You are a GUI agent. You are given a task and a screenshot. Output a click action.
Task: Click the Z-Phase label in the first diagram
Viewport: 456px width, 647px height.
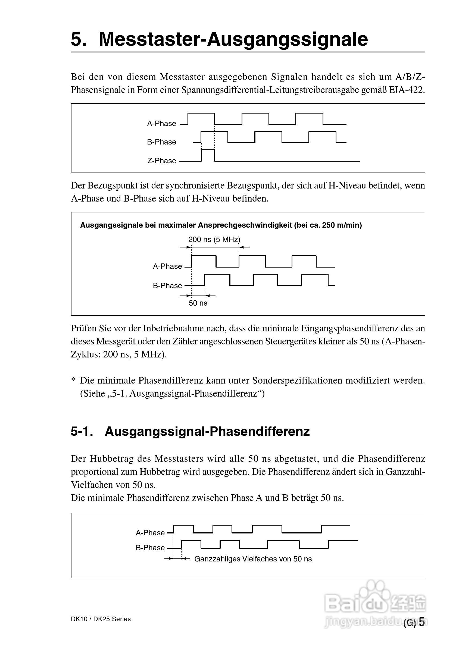click(161, 161)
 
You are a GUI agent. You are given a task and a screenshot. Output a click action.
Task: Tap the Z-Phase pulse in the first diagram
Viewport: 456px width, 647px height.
click(208, 155)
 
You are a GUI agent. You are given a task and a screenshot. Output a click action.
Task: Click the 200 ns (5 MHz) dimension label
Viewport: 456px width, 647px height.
click(214, 240)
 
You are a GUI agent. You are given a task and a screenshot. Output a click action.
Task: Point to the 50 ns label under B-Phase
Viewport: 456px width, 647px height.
click(198, 303)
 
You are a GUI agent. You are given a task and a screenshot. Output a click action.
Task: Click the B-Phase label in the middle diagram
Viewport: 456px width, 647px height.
click(167, 285)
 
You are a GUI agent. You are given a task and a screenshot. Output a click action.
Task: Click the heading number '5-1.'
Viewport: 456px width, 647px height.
click(82, 431)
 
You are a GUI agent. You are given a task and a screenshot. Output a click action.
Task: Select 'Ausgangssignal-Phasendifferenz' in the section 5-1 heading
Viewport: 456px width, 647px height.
click(207, 431)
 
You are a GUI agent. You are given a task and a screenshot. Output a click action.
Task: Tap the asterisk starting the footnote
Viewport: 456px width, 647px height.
click(73, 381)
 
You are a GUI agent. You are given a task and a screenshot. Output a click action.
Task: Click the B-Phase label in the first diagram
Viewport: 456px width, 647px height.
click(161, 142)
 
